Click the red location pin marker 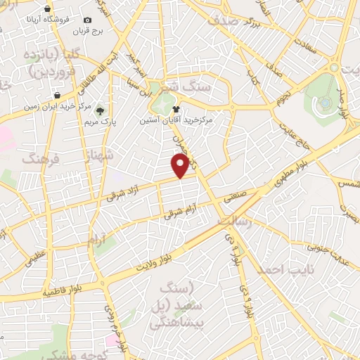coord(181,166)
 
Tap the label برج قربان coord(90,32)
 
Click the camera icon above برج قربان coord(88,20)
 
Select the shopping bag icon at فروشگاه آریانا coord(47,9)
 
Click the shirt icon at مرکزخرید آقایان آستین coord(175,110)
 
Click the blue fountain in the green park coord(325,103)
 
